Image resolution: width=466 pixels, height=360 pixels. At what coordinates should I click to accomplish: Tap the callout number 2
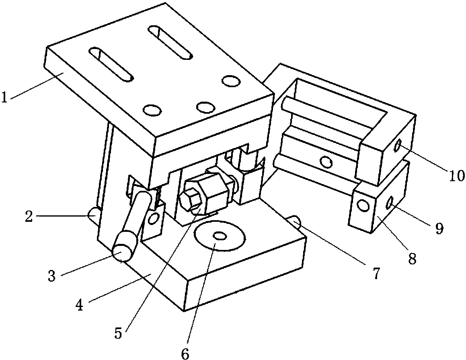click(x=29, y=216)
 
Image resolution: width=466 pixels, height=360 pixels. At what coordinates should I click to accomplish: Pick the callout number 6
click(x=185, y=353)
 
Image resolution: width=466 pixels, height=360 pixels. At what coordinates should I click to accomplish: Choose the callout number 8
click(x=412, y=259)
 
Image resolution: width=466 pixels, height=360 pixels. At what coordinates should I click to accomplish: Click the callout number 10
click(x=456, y=175)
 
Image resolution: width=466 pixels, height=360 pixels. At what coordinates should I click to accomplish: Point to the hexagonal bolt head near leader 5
click(x=189, y=198)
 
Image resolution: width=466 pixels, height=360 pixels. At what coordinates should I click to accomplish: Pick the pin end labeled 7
click(x=296, y=221)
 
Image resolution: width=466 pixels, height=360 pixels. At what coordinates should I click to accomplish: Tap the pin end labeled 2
click(x=92, y=212)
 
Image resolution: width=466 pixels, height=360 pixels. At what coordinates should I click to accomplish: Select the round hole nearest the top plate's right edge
click(x=230, y=81)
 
